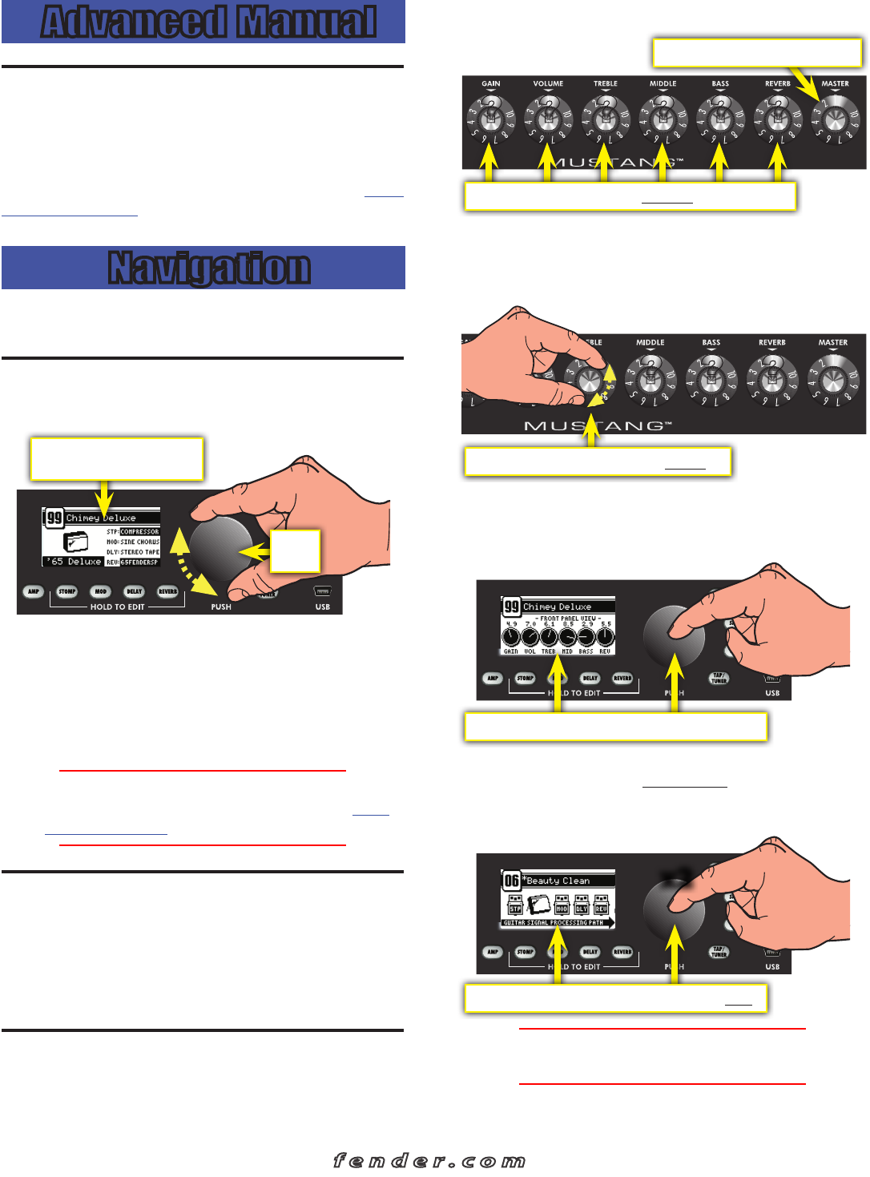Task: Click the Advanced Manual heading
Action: tap(208, 22)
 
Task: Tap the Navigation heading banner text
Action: tap(208, 268)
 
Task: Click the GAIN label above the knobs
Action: tap(491, 83)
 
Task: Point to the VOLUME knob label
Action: tap(548, 83)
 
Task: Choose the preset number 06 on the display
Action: tap(511, 881)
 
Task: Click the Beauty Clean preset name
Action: tap(558, 881)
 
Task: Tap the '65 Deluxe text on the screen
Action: tap(75, 562)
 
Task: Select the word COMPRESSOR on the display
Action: tap(139, 531)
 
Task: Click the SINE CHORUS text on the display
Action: tap(139, 542)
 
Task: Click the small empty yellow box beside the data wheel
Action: tap(295, 550)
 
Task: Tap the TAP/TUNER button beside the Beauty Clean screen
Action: tap(719, 952)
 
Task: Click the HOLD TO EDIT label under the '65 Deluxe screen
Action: tap(117, 607)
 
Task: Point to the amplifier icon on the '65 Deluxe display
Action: tap(75, 542)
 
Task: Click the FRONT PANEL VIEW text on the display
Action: tap(568, 619)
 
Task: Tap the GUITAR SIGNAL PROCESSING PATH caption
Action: tap(553, 923)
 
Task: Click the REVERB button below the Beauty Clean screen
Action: tap(622, 952)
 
